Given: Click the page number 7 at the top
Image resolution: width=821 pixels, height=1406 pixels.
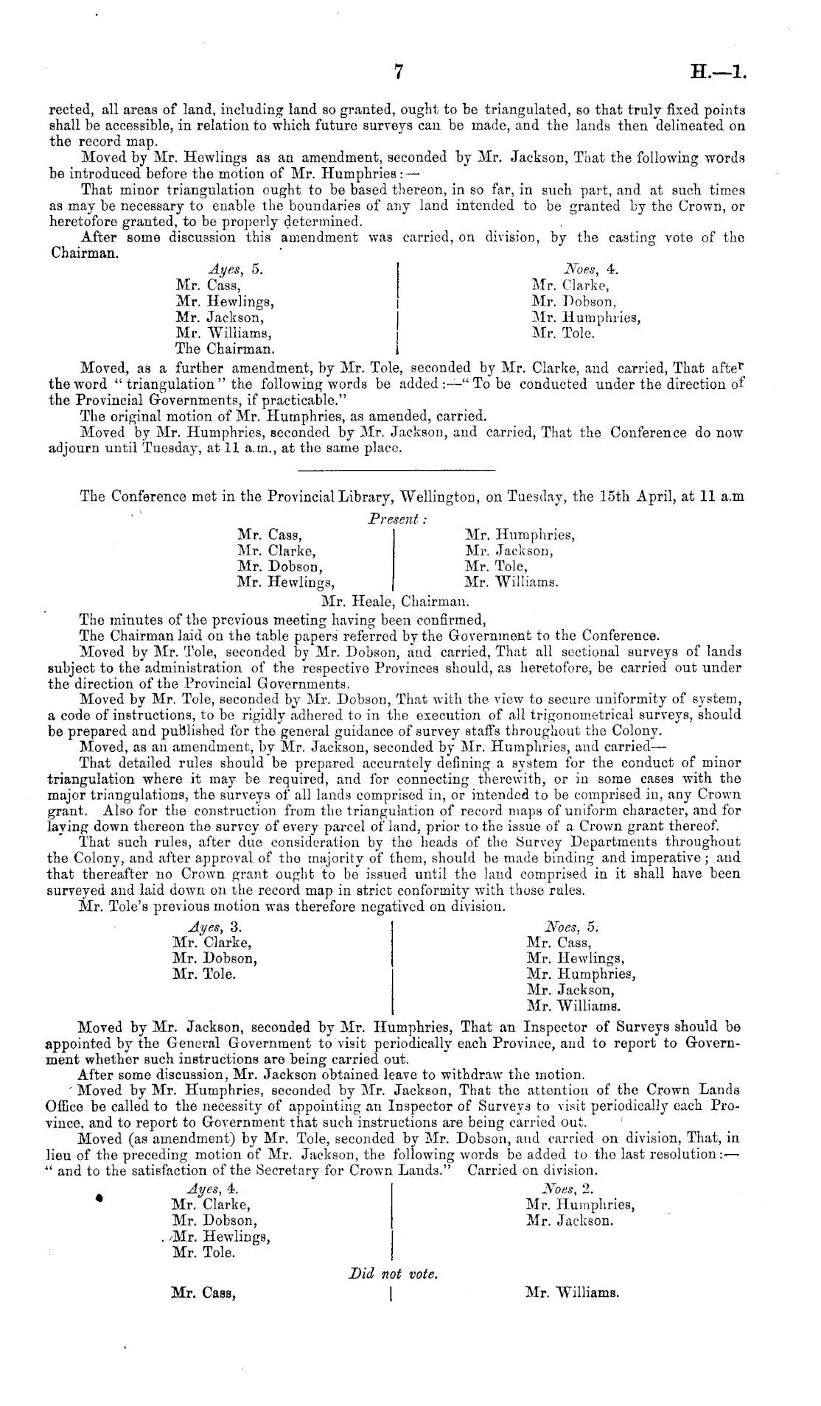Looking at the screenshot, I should click(399, 71).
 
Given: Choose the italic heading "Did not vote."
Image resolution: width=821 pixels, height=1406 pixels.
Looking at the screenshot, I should click(394, 1272).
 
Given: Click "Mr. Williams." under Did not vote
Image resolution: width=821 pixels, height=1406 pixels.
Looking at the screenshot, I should click(572, 1291).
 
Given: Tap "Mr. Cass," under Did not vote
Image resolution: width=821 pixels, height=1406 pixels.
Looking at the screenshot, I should click(203, 1291).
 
